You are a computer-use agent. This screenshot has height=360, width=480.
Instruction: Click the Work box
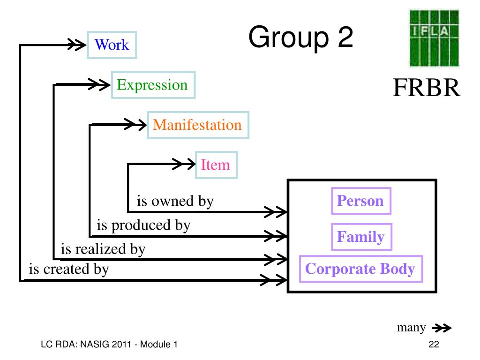coord(112,45)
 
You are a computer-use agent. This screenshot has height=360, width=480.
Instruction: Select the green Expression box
coord(153,85)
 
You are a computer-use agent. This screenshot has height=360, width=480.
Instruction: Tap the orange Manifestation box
coord(198,125)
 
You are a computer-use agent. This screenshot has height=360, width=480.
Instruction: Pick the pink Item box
coord(217,165)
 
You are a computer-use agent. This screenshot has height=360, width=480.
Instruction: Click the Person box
coord(361,201)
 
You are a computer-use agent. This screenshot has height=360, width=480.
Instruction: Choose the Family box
coord(361,237)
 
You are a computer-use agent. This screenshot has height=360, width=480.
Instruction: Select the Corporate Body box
coord(361,269)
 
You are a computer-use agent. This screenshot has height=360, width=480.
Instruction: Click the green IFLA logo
coord(435,38)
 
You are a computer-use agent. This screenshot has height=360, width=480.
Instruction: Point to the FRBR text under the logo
coord(427,88)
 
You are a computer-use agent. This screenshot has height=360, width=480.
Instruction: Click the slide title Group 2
coord(301,37)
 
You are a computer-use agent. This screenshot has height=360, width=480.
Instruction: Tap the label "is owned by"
coord(175,202)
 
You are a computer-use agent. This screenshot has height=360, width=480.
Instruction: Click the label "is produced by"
coord(143,225)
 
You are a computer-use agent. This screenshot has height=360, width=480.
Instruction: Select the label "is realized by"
coord(103,249)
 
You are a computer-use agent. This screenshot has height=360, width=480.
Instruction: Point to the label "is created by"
coord(69,270)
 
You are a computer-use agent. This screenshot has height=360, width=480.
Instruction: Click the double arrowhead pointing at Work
coord(77,45)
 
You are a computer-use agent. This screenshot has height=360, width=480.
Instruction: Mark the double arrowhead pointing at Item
coord(184,164)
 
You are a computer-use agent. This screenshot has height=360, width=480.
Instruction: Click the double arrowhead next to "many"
coord(442,328)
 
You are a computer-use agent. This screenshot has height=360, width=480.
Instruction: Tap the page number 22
coord(434,345)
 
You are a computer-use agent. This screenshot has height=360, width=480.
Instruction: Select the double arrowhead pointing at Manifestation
coord(135,125)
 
